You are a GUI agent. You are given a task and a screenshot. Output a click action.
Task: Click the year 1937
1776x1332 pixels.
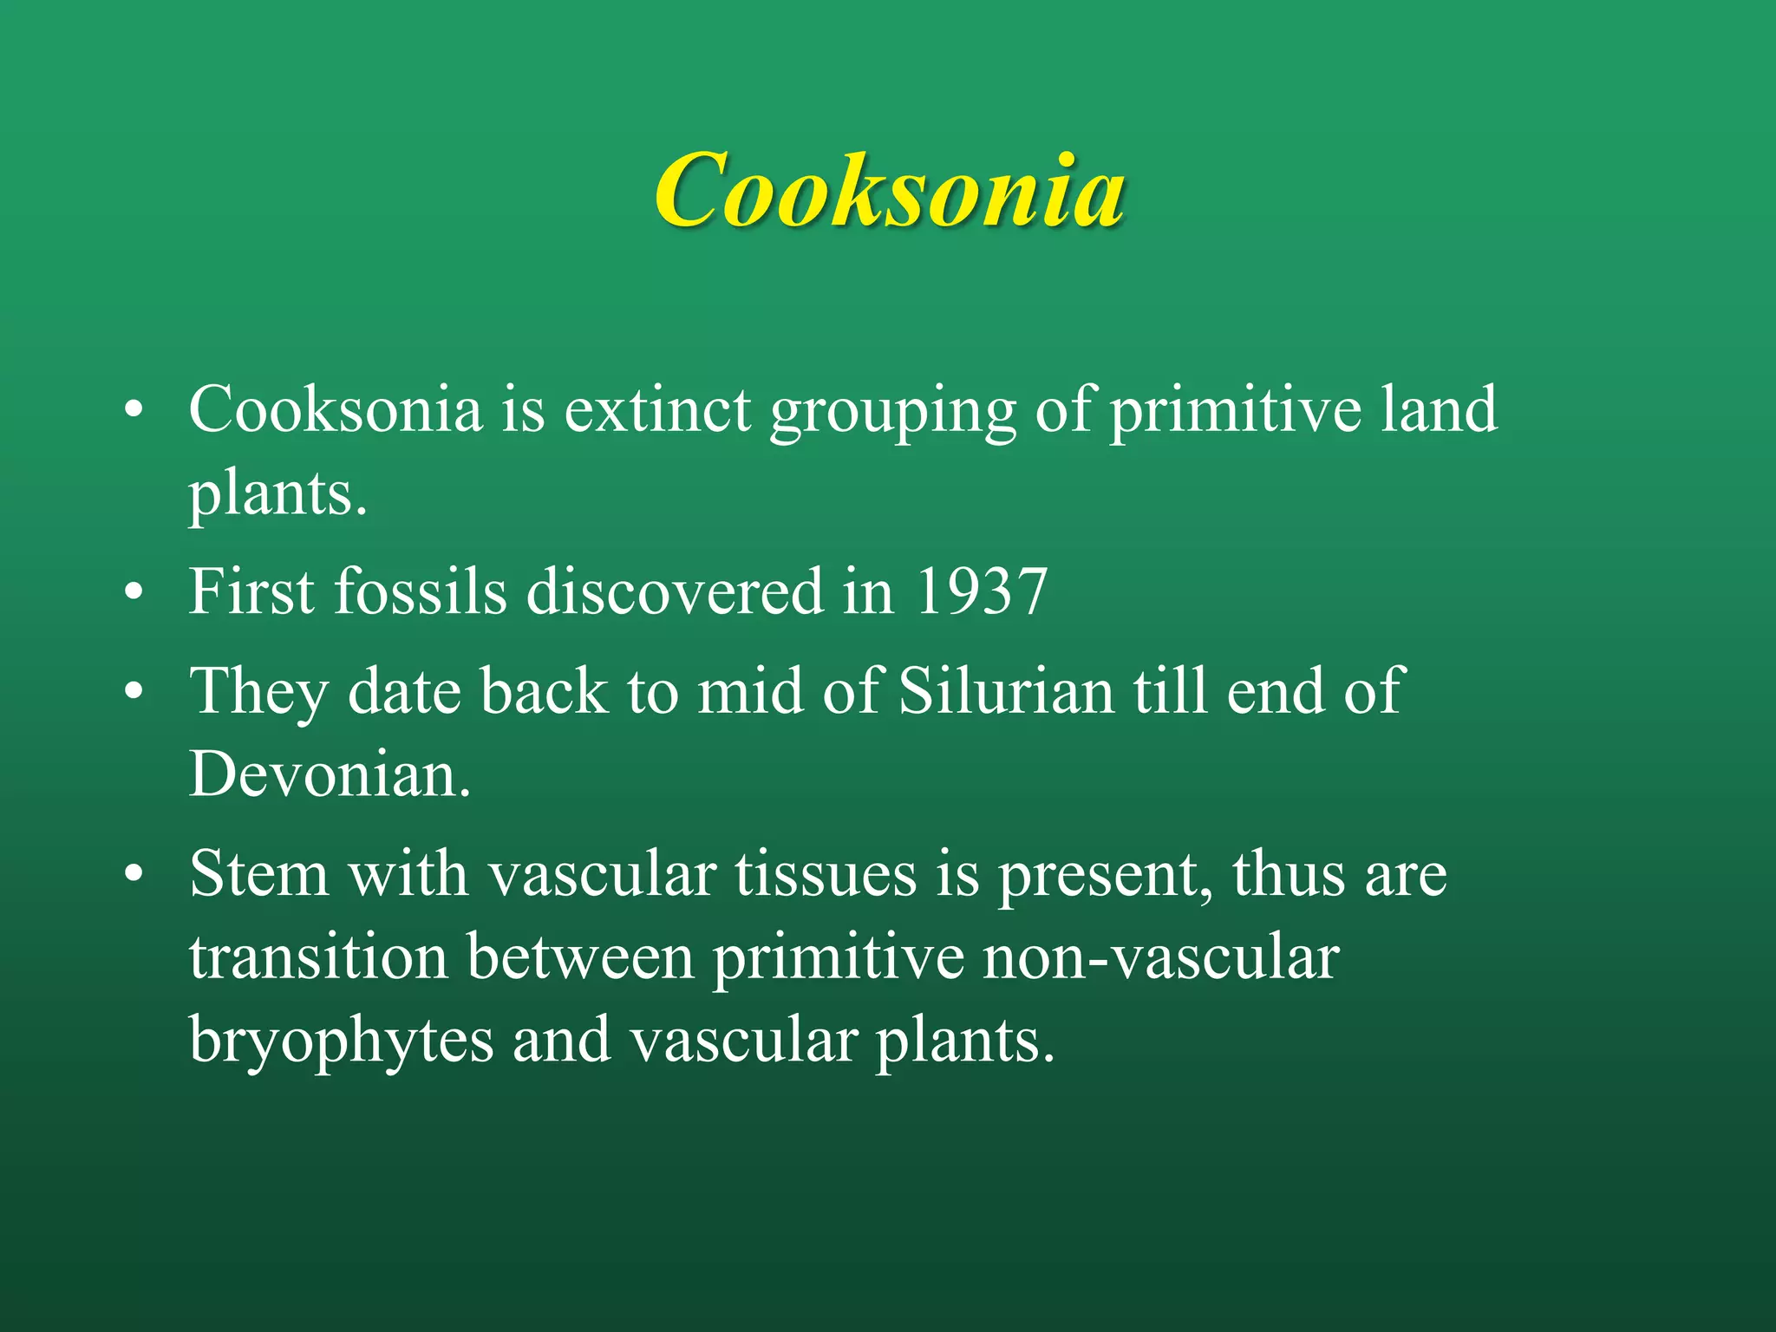pyautogui.click(x=981, y=592)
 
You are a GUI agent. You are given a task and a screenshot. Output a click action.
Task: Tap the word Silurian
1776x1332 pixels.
pyautogui.click(x=1005, y=692)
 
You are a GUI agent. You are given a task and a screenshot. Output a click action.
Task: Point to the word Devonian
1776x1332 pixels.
pyautogui.click(x=330, y=774)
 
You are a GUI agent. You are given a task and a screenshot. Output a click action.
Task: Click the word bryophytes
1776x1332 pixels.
pyautogui.click(x=341, y=1041)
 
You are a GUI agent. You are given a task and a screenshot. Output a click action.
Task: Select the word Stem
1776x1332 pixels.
pyautogui.click(x=258, y=874)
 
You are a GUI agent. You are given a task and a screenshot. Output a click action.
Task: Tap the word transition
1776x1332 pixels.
pyautogui.click(x=318, y=957)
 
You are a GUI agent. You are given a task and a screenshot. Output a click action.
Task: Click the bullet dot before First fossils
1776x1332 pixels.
pyautogui.click(x=133, y=594)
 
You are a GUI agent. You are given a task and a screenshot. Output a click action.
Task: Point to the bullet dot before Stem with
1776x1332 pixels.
pyautogui.click(x=133, y=876)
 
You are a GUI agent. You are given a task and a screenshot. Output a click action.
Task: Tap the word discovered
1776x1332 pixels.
pyautogui.click(x=674, y=592)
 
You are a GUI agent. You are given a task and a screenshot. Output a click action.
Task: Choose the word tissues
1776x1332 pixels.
pyautogui.click(x=826, y=874)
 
